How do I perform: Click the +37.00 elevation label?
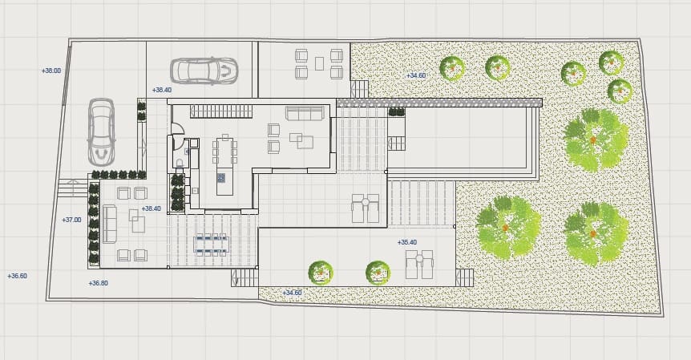pyautogui.click(x=71, y=220)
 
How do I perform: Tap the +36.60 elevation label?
pyautogui.click(x=17, y=276)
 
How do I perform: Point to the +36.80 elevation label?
pyautogui.click(x=99, y=283)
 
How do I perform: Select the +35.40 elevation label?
pyautogui.click(x=406, y=242)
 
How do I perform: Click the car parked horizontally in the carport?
pyautogui.click(x=204, y=71)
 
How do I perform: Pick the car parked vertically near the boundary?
pyautogui.click(x=101, y=132)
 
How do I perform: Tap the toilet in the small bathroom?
pyautogui.click(x=180, y=164)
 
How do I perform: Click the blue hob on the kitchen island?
pyautogui.click(x=221, y=178)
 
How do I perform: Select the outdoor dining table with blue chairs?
pyautogui.click(x=212, y=245)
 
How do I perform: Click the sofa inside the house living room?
pyautogui.click(x=305, y=113)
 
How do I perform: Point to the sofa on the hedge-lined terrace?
pyautogui.click(x=110, y=224)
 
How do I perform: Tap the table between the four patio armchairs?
pyautogui.click(x=320, y=64)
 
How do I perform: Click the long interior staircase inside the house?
pyautogui.click(x=221, y=111)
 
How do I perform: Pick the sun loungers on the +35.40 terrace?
pyautogui.click(x=419, y=265)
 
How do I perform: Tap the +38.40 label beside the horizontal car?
pyautogui.click(x=162, y=90)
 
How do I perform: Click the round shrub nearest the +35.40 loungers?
pyautogui.click(x=378, y=273)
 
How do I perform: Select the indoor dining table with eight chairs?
pyautogui.click(x=224, y=150)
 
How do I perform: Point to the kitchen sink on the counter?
pyautogui.click(x=194, y=191)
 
